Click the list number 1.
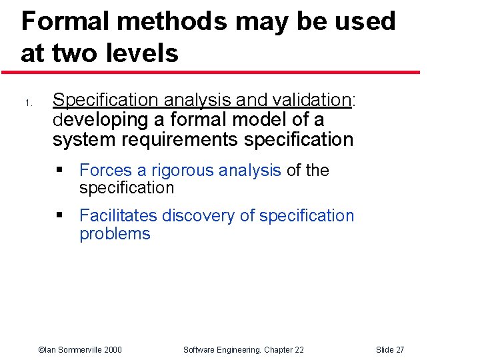[x=28, y=103]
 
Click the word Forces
[x=105, y=171]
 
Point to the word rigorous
[x=181, y=171]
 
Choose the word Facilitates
[x=118, y=216]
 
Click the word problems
[x=115, y=234]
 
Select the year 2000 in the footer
[x=112, y=349]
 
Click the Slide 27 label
[x=390, y=349]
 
